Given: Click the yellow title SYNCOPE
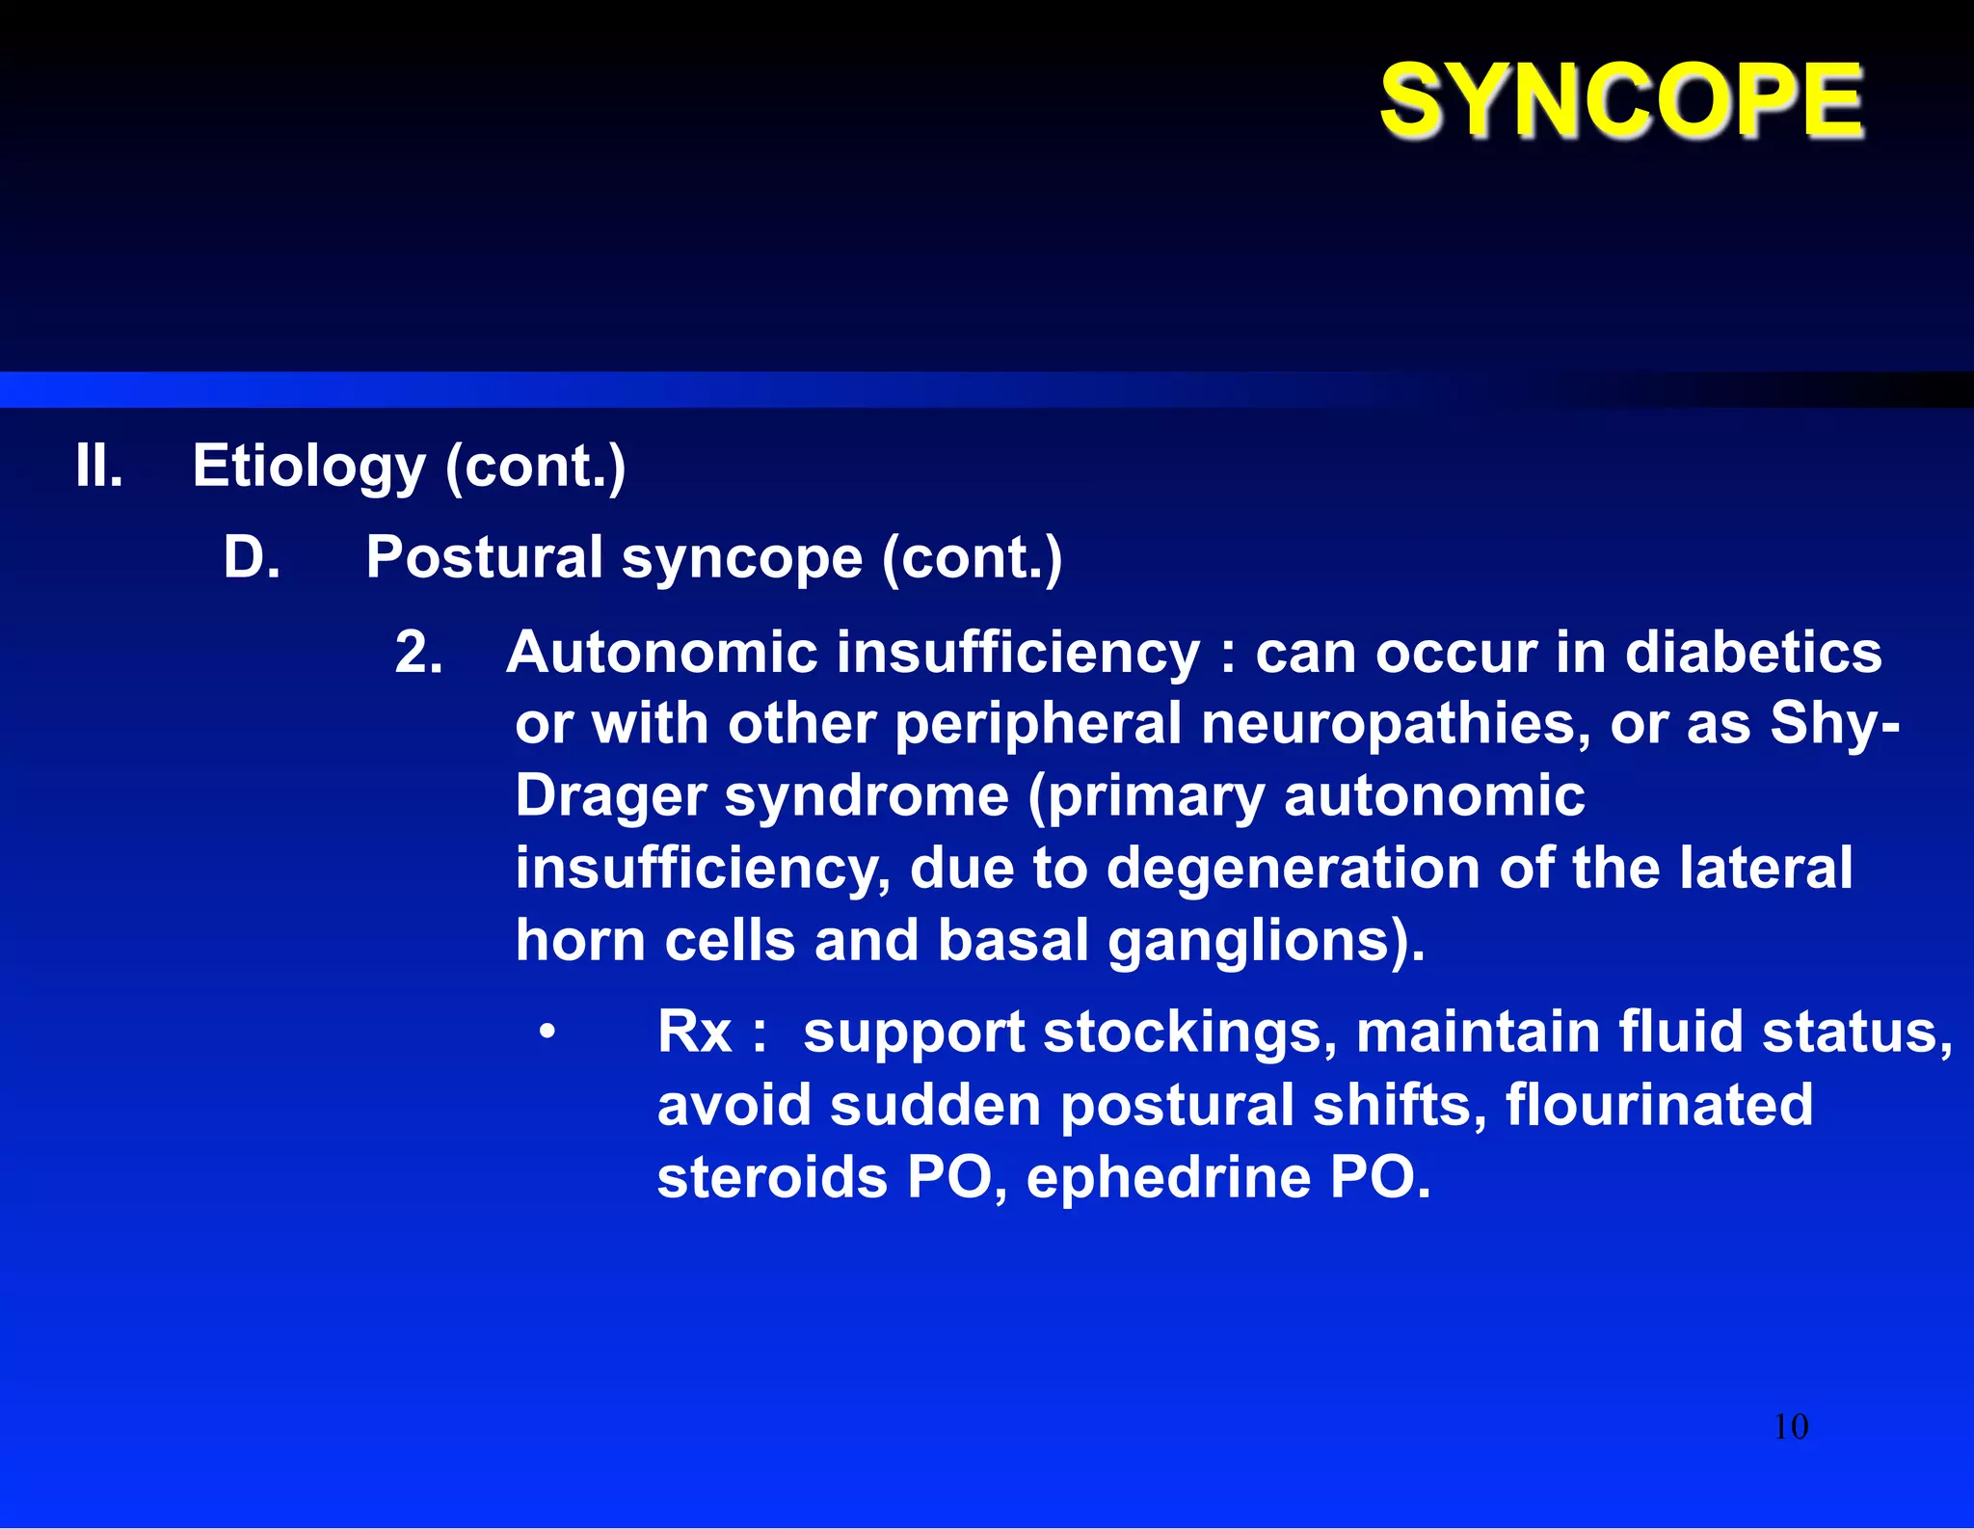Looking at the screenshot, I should point(1621,100).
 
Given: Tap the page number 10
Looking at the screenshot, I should point(1791,1427).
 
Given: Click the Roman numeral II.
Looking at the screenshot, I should point(99,466).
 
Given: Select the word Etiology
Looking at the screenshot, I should point(308,468).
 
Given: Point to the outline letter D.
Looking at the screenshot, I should point(251,557).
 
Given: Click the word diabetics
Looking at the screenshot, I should point(1753,653).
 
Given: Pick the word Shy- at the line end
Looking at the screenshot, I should point(1835,724).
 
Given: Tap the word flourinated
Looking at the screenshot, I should point(1659,1105).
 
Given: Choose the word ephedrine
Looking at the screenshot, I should point(1169,1178).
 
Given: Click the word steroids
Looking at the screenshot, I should point(772,1178).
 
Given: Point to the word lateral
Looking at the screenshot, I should point(1766,868).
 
